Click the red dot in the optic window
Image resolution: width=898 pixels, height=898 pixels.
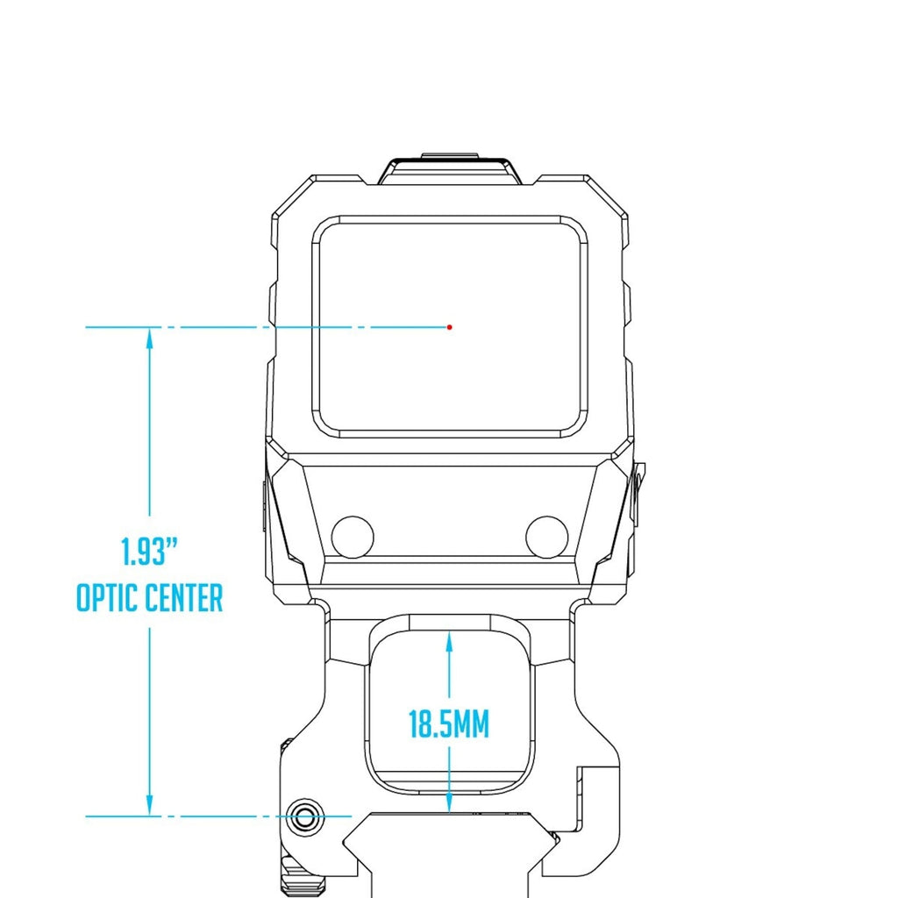point(450,327)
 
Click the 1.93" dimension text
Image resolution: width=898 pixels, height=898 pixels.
point(150,552)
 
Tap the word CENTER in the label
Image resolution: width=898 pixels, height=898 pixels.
point(184,598)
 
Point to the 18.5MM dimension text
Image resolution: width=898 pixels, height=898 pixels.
point(450,723)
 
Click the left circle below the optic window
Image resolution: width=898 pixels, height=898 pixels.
point(353,537)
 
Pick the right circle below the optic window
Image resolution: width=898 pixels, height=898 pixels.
point(547,537)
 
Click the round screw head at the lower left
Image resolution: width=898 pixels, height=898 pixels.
point(303,817)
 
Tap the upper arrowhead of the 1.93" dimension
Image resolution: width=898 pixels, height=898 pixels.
point(150,339)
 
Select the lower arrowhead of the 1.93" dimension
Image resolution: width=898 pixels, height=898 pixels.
point(150,805)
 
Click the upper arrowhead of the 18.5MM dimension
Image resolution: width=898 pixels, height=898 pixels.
point(450,642)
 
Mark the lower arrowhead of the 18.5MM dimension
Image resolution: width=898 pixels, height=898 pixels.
point(450,802)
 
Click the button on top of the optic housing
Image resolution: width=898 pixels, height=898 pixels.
point(450,168)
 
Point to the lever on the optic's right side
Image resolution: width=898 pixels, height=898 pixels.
point(638,493)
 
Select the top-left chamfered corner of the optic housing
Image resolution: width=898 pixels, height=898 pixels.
point(292,196)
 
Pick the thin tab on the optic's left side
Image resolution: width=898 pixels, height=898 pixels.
point(265,506)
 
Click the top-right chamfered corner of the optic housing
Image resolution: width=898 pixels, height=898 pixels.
point(608,196)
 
